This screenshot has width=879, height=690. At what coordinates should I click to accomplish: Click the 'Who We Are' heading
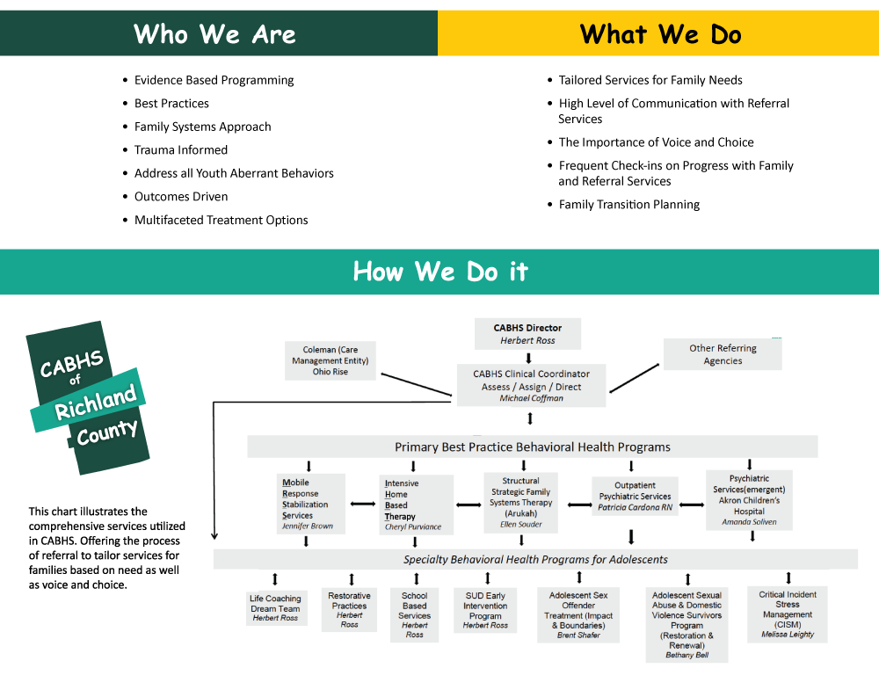tap(214, 34)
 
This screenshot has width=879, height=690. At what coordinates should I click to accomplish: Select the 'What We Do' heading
tap(660, 34)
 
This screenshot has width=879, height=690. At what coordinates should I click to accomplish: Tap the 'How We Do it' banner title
tap(440, 272)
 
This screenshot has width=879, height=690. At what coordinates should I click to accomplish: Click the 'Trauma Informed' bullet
tap(180, 150)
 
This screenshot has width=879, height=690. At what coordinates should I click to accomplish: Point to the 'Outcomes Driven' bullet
tap(180, 197)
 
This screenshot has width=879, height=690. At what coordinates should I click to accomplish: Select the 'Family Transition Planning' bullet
tap(628, 205)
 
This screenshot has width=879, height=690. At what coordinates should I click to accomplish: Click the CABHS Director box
tap(527, 334)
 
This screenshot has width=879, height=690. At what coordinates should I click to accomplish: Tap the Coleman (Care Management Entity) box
tap(331, 360)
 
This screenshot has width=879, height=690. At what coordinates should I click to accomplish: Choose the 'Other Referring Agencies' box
tap(723, 354)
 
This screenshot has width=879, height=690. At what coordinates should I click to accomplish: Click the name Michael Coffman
tap(530, 398)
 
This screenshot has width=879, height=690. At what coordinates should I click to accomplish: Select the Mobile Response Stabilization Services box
tap(309, 505)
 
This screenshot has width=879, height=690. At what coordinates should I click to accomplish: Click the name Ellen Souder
tap(521, 525)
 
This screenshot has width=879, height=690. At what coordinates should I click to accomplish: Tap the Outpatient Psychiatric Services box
tap(634, 497)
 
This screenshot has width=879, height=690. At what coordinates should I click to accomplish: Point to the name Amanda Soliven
tap(749, 522)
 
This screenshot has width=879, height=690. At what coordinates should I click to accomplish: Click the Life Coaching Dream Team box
tap(275, 607)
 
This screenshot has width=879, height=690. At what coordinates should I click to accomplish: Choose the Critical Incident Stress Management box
tap(788, 614)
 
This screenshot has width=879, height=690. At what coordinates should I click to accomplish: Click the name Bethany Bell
tap(686, 655)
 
